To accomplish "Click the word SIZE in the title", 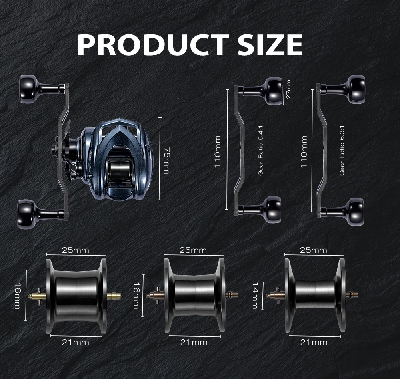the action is point(270,45).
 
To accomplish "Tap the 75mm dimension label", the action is point(166,160).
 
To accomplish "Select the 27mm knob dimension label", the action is point(288,89).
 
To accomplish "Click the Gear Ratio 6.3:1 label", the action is point(342,151).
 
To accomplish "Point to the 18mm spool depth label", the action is point(17,296).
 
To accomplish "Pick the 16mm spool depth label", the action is point(136,296).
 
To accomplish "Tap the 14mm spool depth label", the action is point(255,296).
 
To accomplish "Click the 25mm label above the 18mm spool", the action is point(76,250).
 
